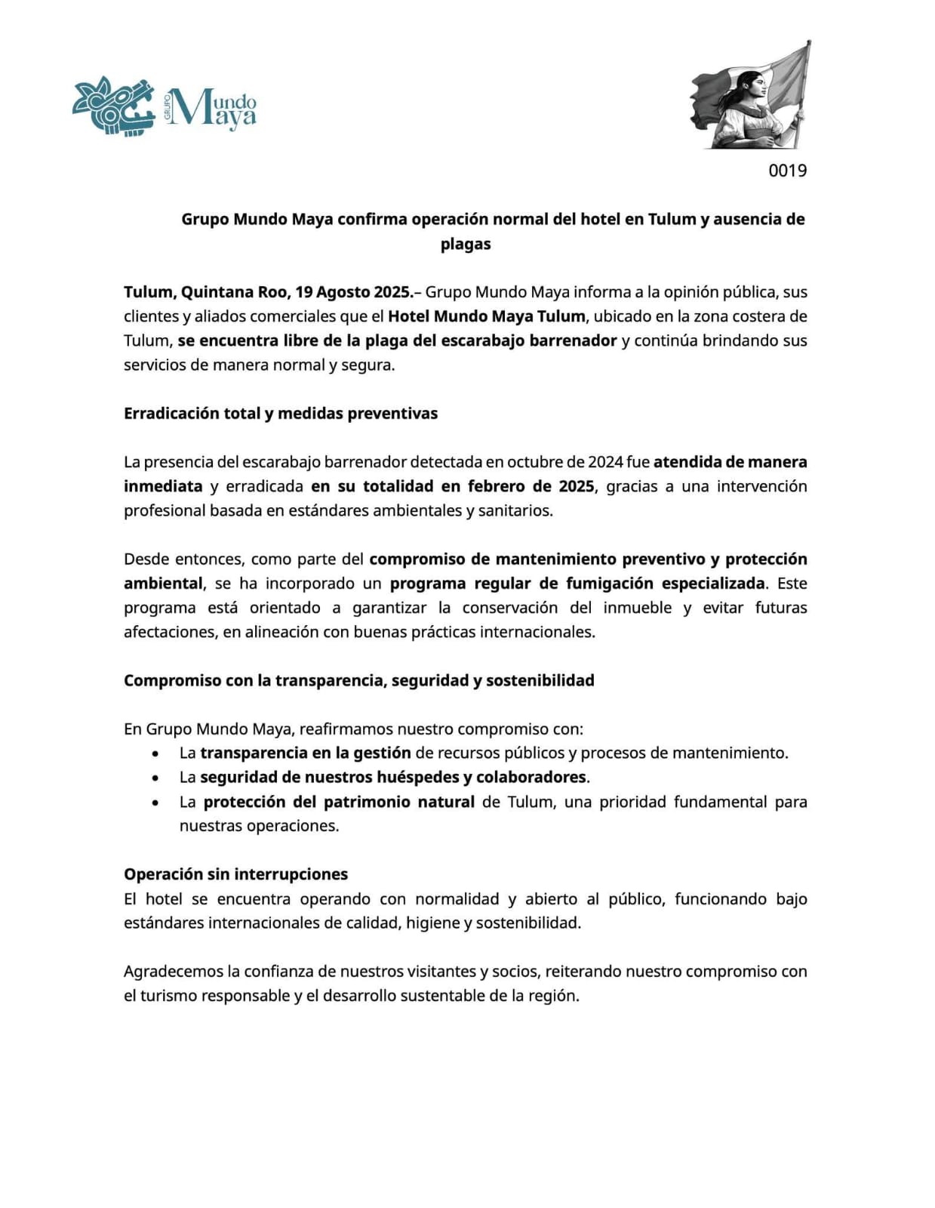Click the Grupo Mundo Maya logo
pos(164,106)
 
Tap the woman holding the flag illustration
pos(750,96)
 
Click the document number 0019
pos(787,171)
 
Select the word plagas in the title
pos(466,244)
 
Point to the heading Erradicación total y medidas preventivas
pos(281,414)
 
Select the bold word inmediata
pos(163,486)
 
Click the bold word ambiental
pos(163,584)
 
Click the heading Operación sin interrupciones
pos(235,874)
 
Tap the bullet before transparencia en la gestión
pos(155,753)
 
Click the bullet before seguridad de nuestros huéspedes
pos(155,778)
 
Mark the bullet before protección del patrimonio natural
pos(155,802)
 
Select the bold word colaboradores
pos(531,777)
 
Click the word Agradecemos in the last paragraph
pos(174,972)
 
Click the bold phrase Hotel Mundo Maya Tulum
pos(486,316)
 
